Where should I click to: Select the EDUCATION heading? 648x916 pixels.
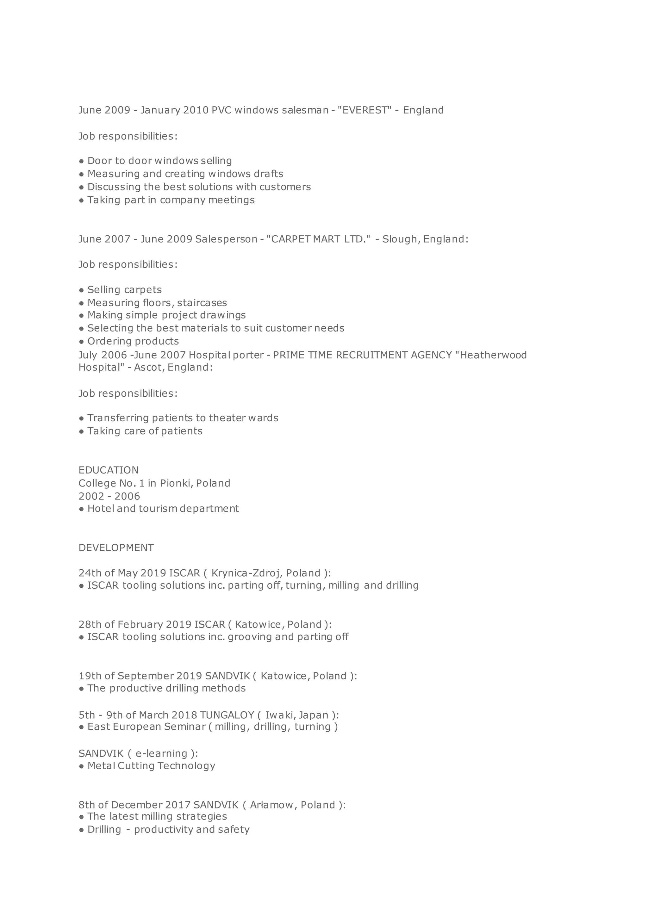tap(109, 470)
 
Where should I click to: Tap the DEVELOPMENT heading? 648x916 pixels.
tap(116, 548)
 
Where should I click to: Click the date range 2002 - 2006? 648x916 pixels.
tap(109, 496)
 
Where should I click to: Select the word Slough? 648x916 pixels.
tap(399, 239)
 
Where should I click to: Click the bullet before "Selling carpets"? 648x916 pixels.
tap(81, 290)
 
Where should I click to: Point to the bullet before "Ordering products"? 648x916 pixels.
tap(81, 342)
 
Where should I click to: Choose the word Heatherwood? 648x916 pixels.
tap(493, 355)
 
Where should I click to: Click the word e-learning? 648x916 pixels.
tap(161, 753)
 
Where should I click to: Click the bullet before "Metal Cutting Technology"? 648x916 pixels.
tap(81, 766)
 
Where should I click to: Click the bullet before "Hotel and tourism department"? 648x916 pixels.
tap(81, 509)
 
